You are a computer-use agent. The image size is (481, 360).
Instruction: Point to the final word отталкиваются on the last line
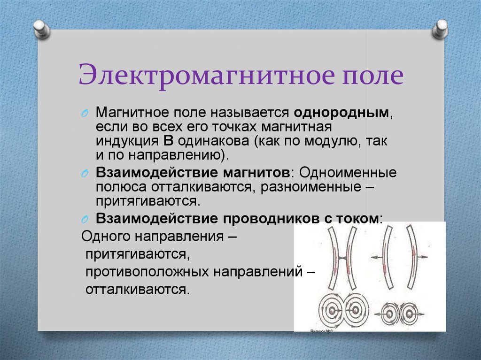[x=137, y=289]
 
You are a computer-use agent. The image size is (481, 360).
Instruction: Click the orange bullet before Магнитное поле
[x=85, y=114]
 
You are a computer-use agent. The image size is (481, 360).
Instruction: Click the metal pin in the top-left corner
[x=41, y=29]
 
